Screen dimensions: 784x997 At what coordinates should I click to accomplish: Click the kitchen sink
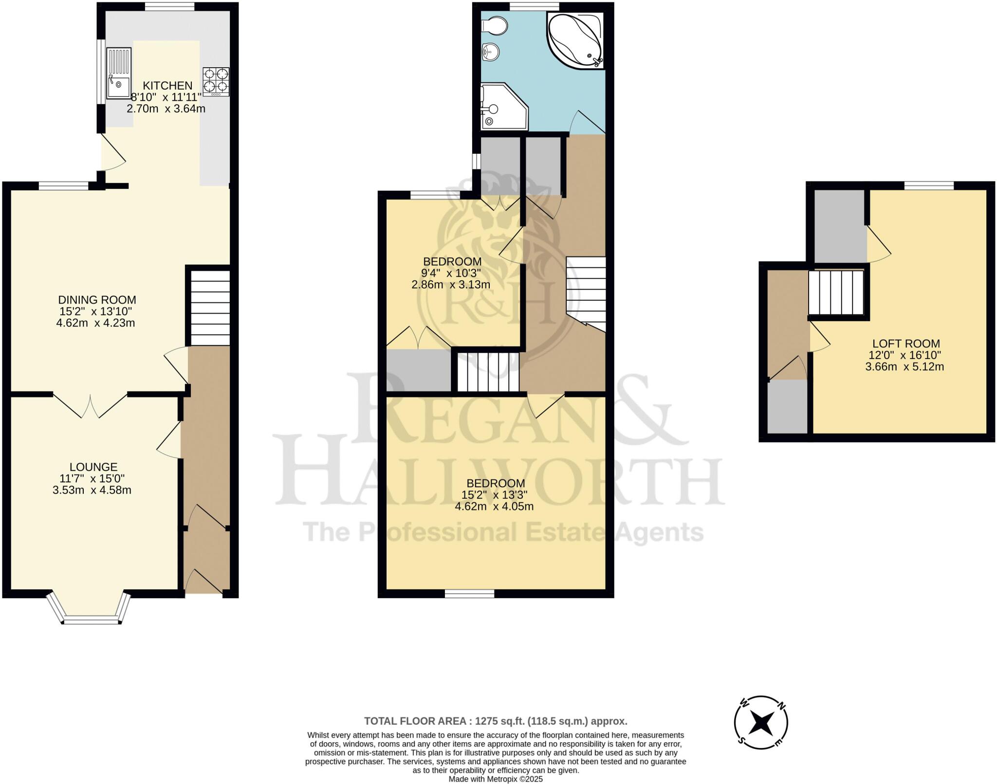coord(119,73)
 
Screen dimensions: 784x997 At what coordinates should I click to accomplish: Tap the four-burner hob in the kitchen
coord(216,81)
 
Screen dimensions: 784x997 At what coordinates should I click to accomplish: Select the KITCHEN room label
coord(167,86)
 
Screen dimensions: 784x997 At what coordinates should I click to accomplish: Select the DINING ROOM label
coord(97,300)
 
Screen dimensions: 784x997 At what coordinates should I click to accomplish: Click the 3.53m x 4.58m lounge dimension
coord(92,490)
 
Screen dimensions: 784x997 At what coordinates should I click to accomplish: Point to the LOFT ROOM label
coord(905,344)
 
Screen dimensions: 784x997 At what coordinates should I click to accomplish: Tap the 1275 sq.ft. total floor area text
coord(496,721)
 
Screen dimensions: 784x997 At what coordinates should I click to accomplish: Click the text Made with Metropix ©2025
coord(496,779)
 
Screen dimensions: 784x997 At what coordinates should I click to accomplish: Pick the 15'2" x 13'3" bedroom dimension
coord(494,495)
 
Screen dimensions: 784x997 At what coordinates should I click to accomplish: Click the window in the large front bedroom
coord(469,593)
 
